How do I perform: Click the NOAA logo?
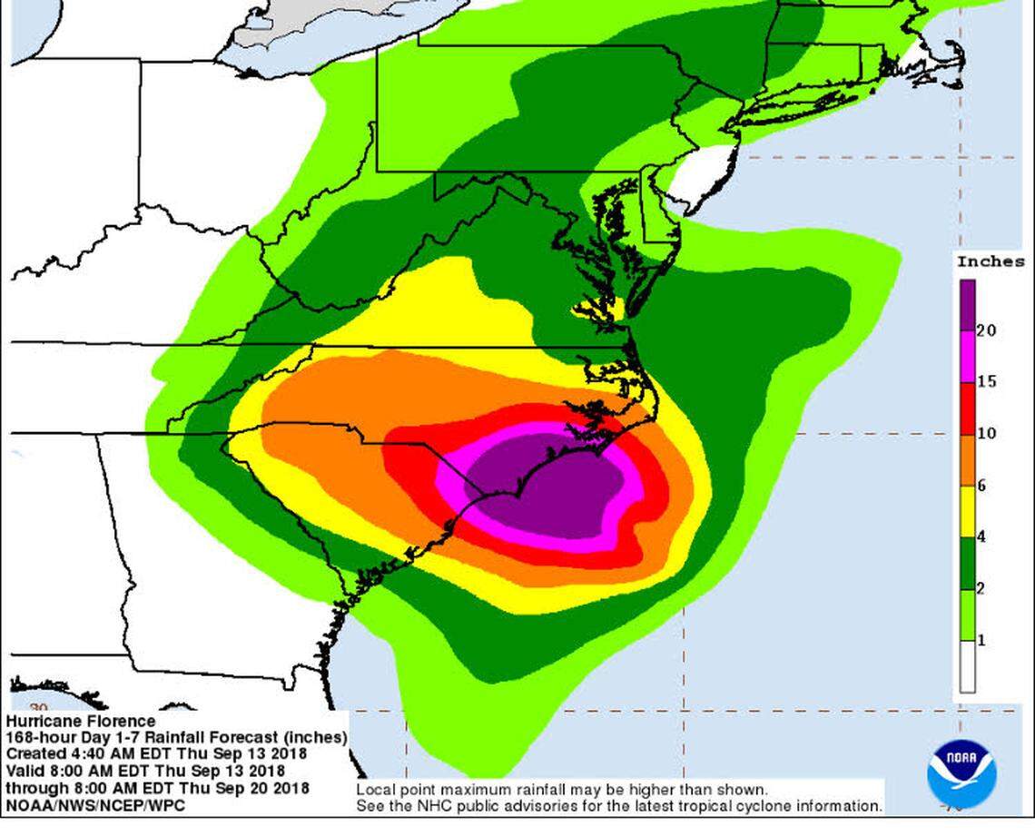tap(961, 772)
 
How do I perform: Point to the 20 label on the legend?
tap(986, 330)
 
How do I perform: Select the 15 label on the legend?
tap(986, 381)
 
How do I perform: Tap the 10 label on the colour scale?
tap(986, 433)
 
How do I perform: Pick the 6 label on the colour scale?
tap(981, 486)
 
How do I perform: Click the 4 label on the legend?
tap(981, 536)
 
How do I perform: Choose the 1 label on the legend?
tap(981, 640)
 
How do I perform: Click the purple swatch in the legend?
tap(968, 304)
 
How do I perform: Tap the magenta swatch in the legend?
tap(968, 356)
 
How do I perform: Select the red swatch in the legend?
tap(968, 408)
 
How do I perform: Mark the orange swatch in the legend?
tap(968, 459)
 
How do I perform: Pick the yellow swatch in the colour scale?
tap(968, 511)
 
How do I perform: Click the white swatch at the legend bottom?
tap(968, 666)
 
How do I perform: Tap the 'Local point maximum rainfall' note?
tap(563, 790)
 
